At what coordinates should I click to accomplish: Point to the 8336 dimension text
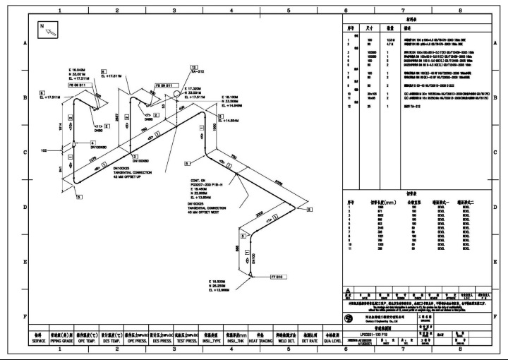tap(279, 182)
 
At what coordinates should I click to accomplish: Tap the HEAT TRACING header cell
tap(260, 337)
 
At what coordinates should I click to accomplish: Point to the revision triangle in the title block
tap(346, 289)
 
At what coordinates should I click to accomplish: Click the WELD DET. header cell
tap(286, 337)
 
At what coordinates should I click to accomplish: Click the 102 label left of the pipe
tap(44, 150)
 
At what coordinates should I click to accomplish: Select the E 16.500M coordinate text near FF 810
tap(219, 281)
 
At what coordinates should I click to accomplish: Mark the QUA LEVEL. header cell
tap(331, 337)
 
